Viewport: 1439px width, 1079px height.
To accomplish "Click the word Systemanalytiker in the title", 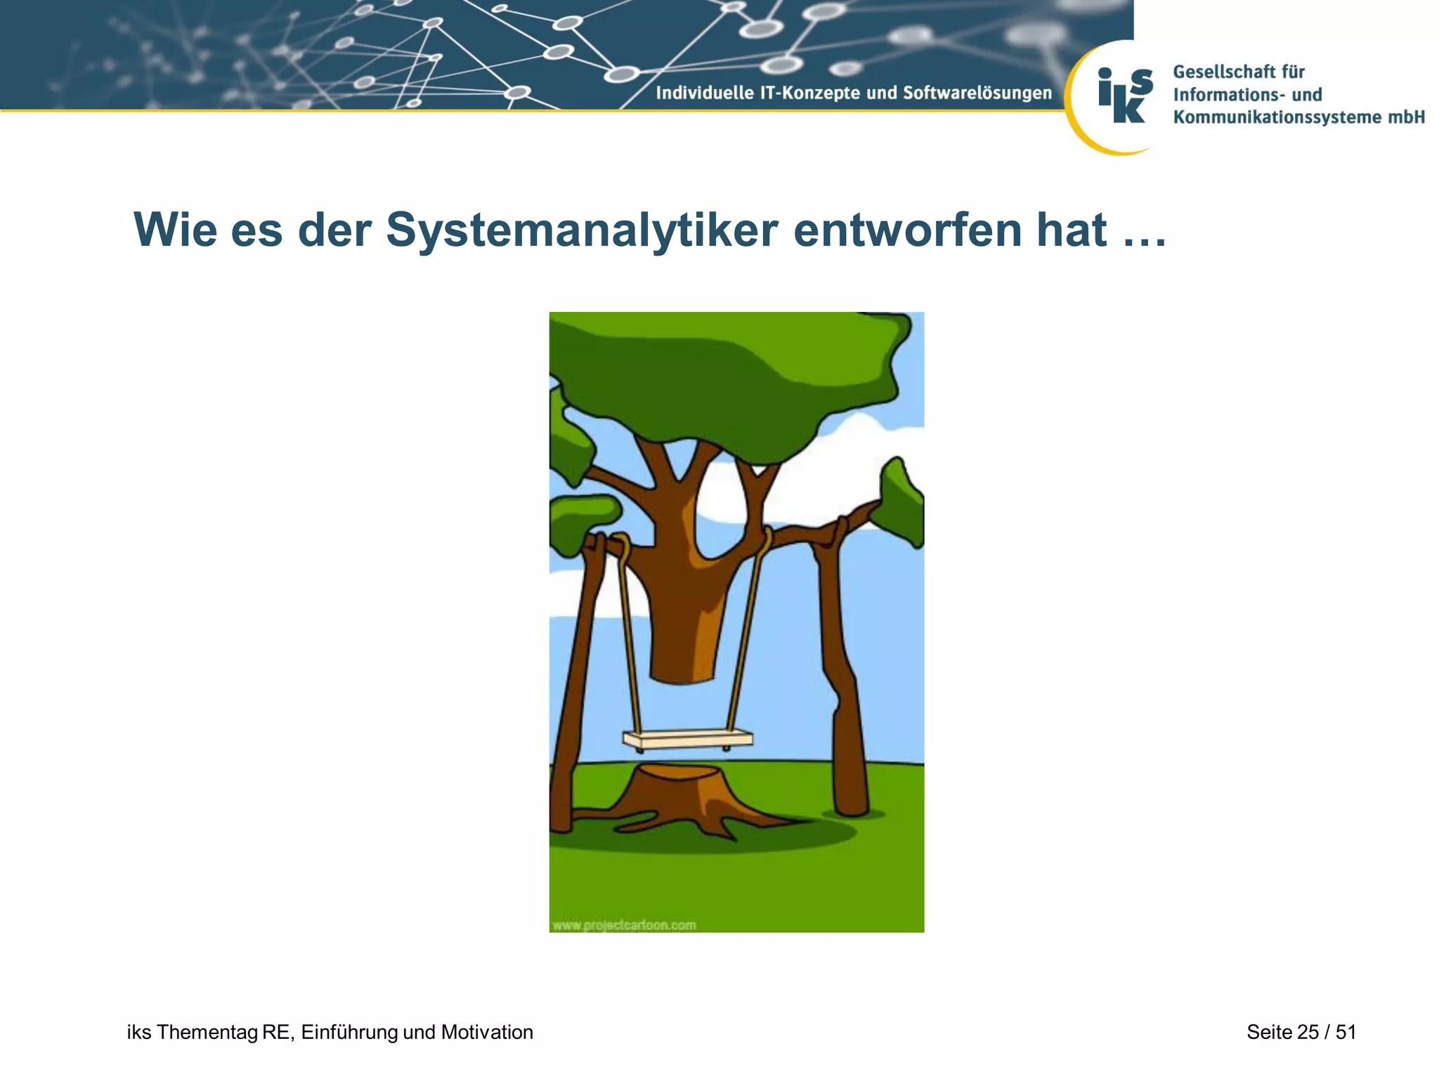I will click(582, 230).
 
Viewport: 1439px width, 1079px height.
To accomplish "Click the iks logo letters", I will click(1124, 96).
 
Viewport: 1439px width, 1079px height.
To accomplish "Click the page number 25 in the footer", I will click(1308, 1032).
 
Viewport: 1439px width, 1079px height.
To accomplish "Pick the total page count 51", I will click(1346, 1032).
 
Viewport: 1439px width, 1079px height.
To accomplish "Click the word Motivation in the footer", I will click(487, 1032).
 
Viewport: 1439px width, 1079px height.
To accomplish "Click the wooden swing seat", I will click(687, 739).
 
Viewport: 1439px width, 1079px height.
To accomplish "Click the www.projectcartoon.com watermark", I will click(624, 924).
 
